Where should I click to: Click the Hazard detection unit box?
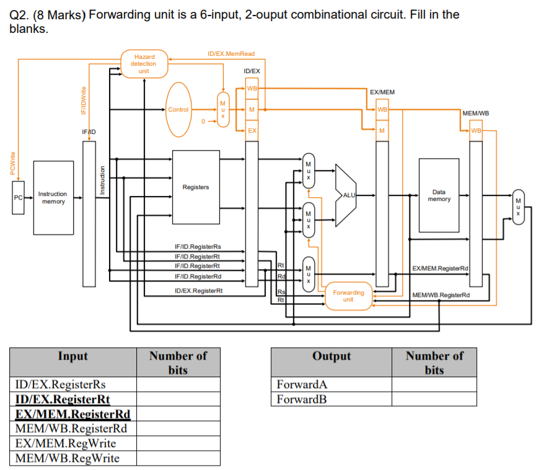(x=144, y=64)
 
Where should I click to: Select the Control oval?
(x=178, y=110)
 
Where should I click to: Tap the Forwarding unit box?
(x=348, y=295)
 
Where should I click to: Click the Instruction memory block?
(x=53, y=198)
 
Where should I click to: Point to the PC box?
(x=18, y=198)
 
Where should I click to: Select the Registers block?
(x=196, y=187)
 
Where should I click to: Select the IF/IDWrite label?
(x=82, y=100)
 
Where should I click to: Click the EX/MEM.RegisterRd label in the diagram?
(x=440, y=268)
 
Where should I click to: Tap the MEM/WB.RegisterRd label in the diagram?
(x=441, y=295)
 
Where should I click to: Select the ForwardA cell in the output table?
(x=331, y=384)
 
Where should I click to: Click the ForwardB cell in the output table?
(x=331, y=399)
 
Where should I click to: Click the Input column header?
(x=72, y=356)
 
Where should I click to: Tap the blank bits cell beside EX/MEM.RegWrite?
(x=178, y=443)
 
